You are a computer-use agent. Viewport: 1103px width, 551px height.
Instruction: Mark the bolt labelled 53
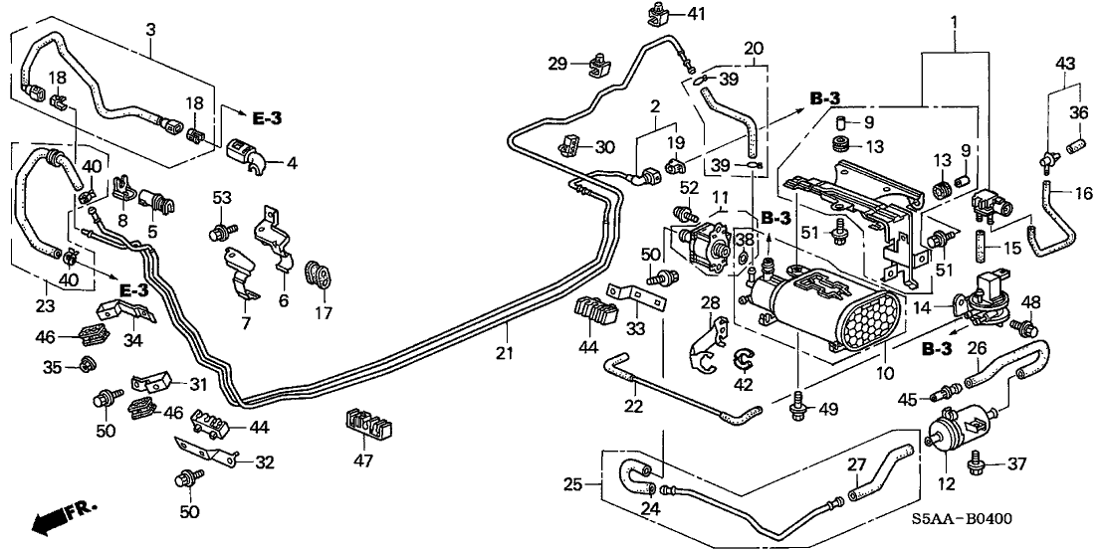[x=216, y=234]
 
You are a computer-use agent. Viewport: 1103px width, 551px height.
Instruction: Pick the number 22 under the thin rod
[x=633, y=406]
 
